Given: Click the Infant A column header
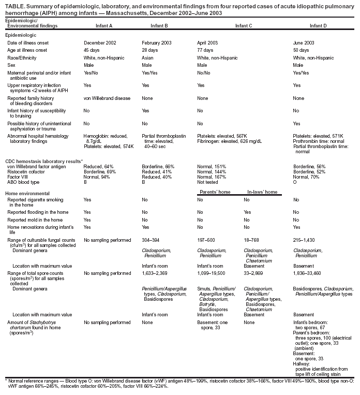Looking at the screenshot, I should pos(104,25).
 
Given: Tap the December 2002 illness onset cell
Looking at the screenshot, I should pos(100,42).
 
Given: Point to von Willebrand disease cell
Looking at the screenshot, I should pos(107,98).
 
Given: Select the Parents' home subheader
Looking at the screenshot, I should pos(215,192).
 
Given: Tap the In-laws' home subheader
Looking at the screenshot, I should pos(261,192).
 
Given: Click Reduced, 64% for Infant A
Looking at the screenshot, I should pos(98,166).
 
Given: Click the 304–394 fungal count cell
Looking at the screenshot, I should pos(152,240).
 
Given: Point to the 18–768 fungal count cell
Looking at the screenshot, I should pos(253,240).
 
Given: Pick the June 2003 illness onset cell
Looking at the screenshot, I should pos(303,42).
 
